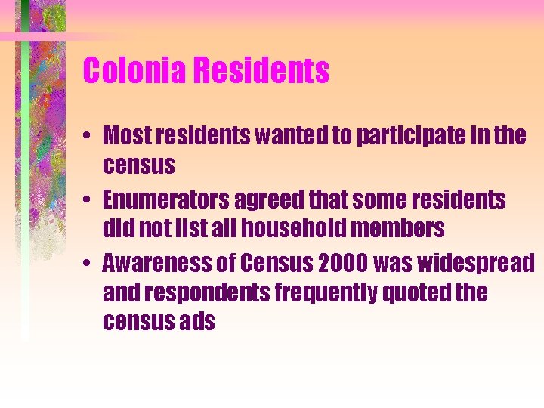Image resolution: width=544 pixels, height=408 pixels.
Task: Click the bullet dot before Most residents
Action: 89,138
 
